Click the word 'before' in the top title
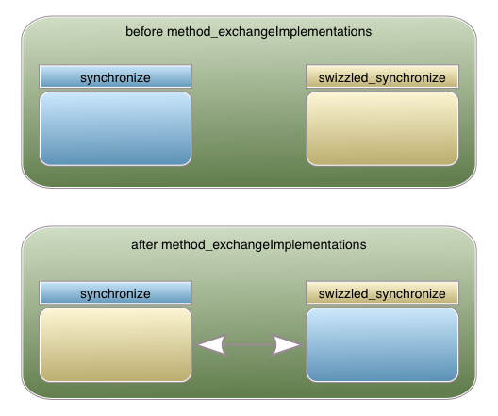click(144, 32)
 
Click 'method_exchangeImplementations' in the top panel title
click(270, 32)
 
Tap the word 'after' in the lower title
click(144, 245)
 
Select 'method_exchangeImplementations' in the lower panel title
click(263, 245)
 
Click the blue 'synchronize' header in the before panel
click(115, 76)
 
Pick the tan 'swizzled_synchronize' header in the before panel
click(382, 76)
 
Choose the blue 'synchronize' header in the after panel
click(115, 292)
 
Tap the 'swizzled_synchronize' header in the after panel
click(382, 292)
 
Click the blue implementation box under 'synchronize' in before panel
click(115, 128)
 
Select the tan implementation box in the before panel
click(382, 128)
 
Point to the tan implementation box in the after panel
click(115, 344)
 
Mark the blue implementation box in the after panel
click(382, 344)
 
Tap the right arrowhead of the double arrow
click(287, 345)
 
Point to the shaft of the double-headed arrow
click(249, 345)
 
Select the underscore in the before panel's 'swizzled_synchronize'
click(372, 83)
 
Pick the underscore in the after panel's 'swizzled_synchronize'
click(372, 299)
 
